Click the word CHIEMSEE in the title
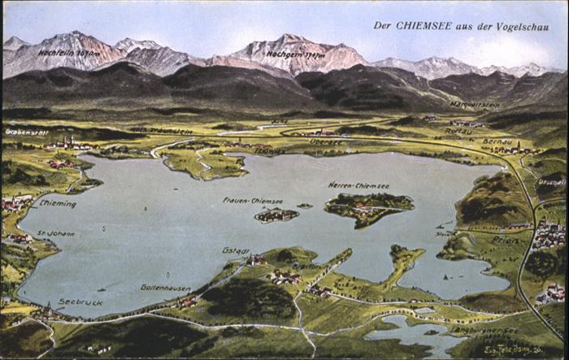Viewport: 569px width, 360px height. click(424, 25)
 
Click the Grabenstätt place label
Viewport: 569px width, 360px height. click(27, 132)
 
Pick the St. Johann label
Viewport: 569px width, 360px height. click(55, 233)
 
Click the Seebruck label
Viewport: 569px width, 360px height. click(80, 301)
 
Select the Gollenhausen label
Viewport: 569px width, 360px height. click(165, 287)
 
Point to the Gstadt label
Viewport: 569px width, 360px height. click(236, 250)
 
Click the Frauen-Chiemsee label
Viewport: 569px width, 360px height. click(253, 201)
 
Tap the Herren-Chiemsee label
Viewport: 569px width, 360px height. click(358, 185)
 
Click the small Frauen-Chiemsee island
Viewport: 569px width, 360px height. click(276, 215)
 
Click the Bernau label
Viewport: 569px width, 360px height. click(497, 141)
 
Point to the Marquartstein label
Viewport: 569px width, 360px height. click(475, 106)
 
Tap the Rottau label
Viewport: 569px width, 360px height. click(459, 130)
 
